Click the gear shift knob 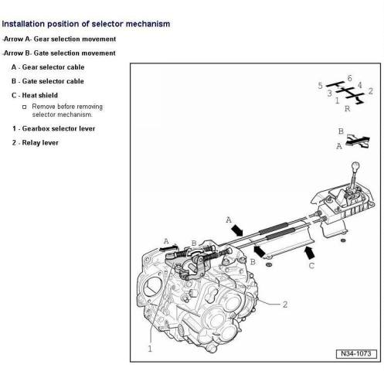(x=355, y=165)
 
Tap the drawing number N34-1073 (x=356, y=353)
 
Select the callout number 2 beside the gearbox (x=285, y=305)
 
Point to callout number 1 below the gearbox (x=150, y=349)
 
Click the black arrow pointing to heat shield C (x=309, y=253)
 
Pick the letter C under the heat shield (x=311, y=266)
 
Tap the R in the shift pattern (x=347, y=109)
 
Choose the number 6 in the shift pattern (x=349, y=78)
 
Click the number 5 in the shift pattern (x=320, y=86)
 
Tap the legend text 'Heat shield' (x=40, y=95)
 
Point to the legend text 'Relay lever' (x=40, y=143)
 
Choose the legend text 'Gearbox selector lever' (x=59, y=128)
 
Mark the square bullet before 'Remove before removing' (x=24, y=107)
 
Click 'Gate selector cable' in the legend (x=53, y=81)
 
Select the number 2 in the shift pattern (x=370, y=91)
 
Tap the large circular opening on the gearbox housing (x=152, y=286)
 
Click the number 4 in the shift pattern (x=360, y=85)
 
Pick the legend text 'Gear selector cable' (x=53, y=67)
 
